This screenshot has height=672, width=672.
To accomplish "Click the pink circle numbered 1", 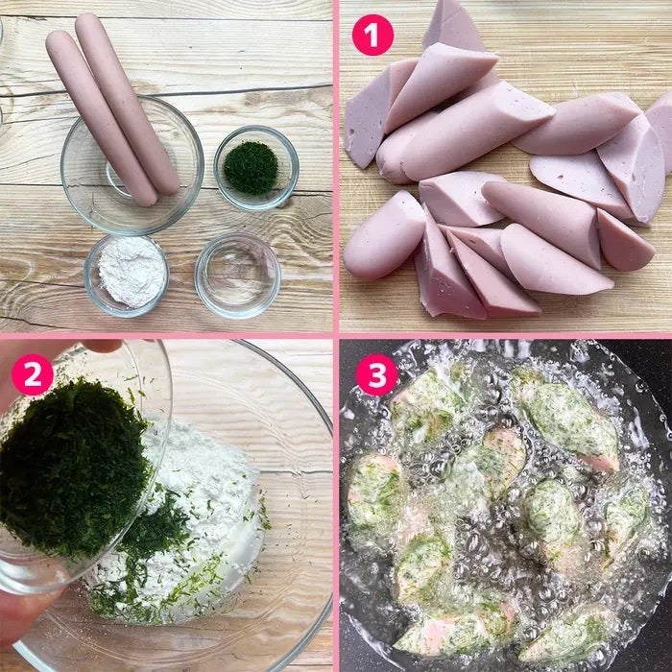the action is click(372, 35).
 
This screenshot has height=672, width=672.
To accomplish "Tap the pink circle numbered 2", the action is click(32, 374).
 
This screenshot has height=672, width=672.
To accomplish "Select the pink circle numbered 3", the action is click(376, 374).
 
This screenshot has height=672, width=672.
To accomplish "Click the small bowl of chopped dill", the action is click(256, 168).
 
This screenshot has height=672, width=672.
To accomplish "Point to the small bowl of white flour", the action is click(127, 276).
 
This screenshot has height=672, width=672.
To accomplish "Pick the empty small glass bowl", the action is click(238, 276).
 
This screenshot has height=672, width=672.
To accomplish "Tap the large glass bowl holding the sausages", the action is click(132, 165).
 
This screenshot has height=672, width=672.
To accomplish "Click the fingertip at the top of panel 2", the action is click(103, 345).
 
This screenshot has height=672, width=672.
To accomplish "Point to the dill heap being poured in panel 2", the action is click(73, 468).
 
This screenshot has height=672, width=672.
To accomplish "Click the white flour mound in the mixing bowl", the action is click(202, 515).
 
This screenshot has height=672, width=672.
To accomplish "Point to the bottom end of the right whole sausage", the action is click(168, 184).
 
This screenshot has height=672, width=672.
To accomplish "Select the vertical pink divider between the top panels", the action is click(336, 166).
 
